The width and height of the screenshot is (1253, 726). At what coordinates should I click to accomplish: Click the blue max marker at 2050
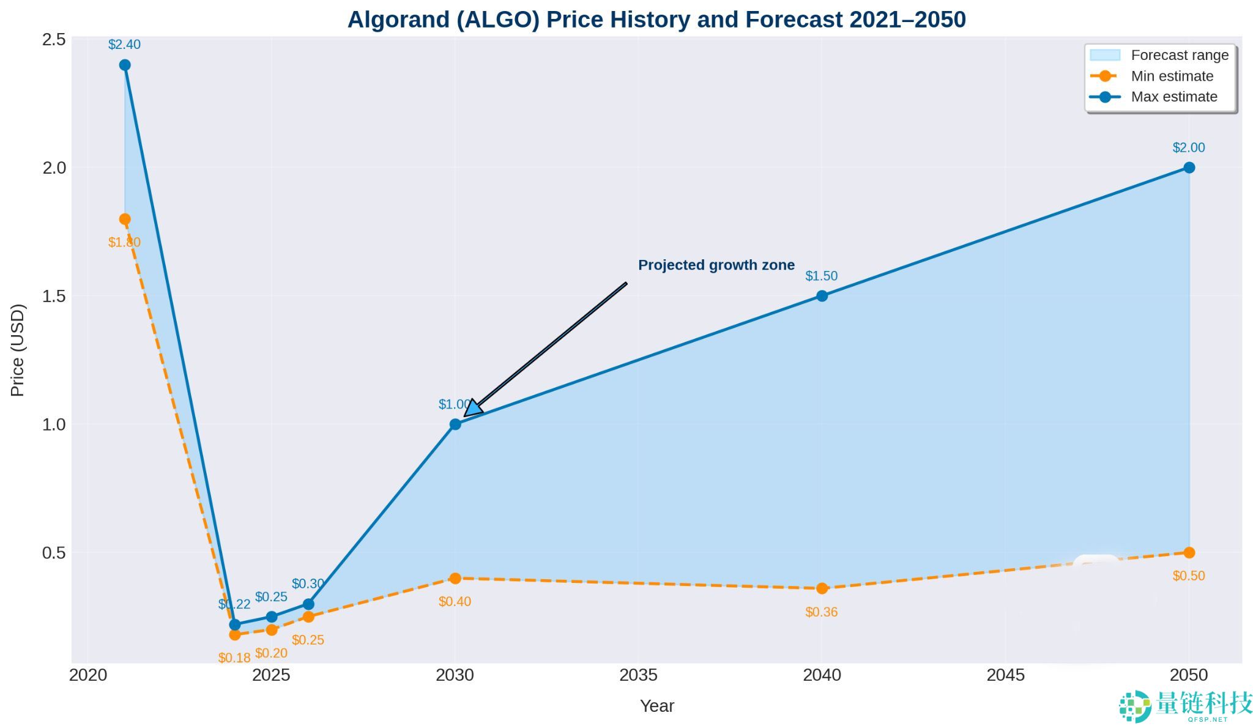coord(1189,168)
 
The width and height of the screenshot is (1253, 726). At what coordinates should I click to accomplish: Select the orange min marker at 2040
coord(822,588)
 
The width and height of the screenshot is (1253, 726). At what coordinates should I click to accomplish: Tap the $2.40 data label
coord(124,45)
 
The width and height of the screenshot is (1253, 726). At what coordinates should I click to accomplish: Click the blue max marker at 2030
coord(455,424)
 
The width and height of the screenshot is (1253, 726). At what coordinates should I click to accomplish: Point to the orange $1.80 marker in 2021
coord(125,219)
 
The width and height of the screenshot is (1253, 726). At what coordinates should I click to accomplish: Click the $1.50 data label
coord(821,276)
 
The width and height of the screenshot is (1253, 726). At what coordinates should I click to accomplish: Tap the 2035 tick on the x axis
coord(638,675)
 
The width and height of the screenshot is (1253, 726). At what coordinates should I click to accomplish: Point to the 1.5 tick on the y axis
coord(54,296)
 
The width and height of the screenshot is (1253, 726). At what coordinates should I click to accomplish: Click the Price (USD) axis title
coord(18,350)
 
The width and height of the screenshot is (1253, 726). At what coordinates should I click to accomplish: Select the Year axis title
coord(656,706)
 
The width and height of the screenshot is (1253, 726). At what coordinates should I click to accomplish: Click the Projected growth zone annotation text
coord(716,265)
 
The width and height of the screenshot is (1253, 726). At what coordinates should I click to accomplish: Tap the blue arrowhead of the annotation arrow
coord(474,408)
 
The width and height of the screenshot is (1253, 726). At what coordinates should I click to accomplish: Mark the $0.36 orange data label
coord(821,612)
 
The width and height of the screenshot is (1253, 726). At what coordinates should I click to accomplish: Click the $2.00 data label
coord(1188,147)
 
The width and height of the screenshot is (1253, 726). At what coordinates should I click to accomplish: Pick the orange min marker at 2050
coord(1189,552)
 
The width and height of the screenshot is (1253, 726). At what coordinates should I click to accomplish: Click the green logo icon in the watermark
coord(1136,706)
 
